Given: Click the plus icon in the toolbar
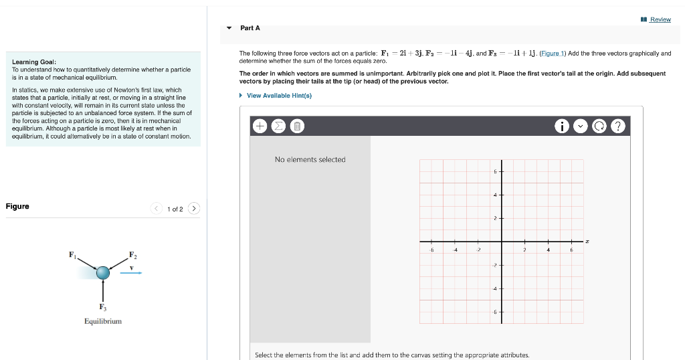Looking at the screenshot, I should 260,126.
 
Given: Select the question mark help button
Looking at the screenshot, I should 620,126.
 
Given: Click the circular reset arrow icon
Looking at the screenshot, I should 601,126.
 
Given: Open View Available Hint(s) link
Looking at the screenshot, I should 279,96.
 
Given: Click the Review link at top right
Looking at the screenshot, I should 660,19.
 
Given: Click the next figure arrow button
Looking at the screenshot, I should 194,209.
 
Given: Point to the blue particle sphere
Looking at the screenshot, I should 102,272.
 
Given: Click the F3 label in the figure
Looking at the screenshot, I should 102,307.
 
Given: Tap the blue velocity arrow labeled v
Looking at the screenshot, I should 131,272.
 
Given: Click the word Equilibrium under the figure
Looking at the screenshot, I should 103,322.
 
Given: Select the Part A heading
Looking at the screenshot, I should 250,28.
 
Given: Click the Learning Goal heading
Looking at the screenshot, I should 29,62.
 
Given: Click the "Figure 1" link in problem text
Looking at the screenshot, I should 552,54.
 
